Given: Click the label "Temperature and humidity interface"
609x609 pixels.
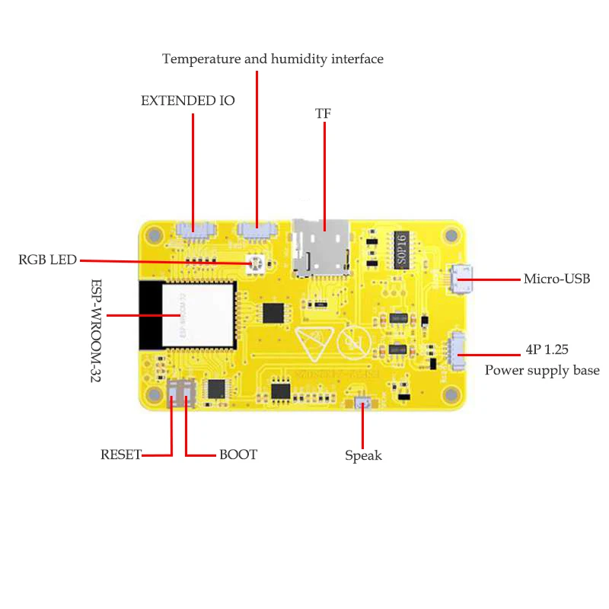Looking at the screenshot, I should (x=273, y=59).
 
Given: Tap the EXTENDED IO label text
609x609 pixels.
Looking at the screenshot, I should (x=188, y=100).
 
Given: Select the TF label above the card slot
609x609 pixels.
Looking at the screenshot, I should (x=324, y=114).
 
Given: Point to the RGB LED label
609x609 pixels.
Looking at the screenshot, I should (x=47, y=260).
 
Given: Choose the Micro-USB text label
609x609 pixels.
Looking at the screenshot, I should (x=556, y=279).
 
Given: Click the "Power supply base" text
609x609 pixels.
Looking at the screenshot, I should (x=542, y=371).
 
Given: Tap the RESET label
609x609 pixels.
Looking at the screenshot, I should (x=121, y=454).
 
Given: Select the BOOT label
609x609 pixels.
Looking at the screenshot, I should (x=238, y=454).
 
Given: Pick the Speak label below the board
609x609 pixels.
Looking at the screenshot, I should (x=363, y=456).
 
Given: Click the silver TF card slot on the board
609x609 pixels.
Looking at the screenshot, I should (x=321, y=245).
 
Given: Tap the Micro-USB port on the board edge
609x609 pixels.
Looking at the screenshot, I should (x=462, y=279).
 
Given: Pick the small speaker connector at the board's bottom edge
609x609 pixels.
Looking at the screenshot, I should (x=362, y=403).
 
